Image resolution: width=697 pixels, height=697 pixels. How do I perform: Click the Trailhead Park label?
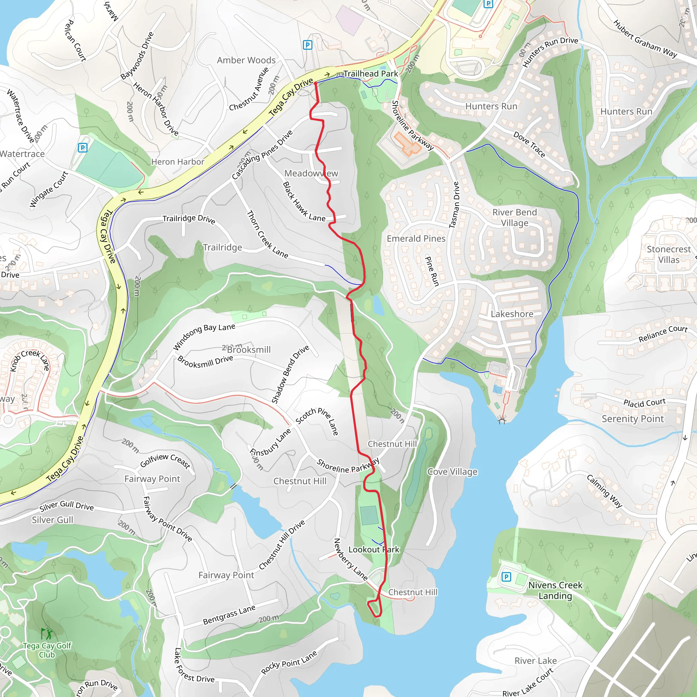pyautogui.click(x=371, y=74)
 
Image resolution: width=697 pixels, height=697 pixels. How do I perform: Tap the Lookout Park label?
pyautogui.click(x=374, y=549)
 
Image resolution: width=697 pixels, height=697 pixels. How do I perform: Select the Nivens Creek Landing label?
pyautogui.click(x=555, y=590)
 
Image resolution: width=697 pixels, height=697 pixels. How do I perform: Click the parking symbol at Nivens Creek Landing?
pyautogui.click(x=506, y=577)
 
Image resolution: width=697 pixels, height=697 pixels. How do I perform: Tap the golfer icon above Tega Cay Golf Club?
pyautogui.click(x=47, y=633)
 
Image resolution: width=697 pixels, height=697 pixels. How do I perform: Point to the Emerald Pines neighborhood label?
pyautogui.click(x=416, y=239)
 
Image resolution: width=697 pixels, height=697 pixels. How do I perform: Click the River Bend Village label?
pyautogui.click(x=515, y=217)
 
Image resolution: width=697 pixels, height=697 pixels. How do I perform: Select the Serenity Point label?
pyautogui.click(x=632, y=419)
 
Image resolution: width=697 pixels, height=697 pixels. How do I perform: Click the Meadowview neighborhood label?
pyautogui.click(x=311, y=174)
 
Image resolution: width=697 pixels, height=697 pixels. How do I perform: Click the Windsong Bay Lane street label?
pyautogui.click(x=204, y=336)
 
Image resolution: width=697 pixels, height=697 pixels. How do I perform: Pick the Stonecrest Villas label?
pyautogui.click(x=668, y=254)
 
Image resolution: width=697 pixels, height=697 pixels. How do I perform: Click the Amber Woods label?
pyautogui.click(x=246, y=60)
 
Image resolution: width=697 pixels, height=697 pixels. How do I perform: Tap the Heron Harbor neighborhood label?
pyautogui.click(x=178, y=162)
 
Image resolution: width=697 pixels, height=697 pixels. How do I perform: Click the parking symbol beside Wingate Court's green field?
pyautogui.click(x=83, y=148)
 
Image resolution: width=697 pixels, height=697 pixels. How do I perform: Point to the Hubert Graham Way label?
pyautogui.click(x=645, y=39)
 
